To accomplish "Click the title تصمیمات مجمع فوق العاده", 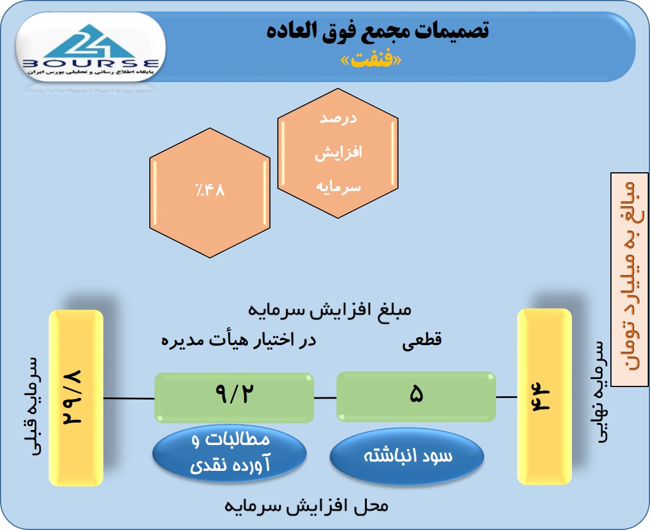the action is click(378, 30).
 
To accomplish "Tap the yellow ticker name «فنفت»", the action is click(371, 60).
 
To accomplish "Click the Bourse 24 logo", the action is click(91, 49).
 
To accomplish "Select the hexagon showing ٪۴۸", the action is click(210, 193).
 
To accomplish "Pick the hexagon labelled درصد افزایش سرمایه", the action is click(338, 153).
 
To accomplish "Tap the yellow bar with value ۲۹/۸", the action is click(76, 398).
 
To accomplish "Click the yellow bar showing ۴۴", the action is click(544, 397).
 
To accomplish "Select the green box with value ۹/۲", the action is click(234, 397).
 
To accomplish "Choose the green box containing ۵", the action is click(416, 397).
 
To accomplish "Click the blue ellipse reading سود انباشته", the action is click(407, 457).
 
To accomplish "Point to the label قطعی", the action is click(421, 341).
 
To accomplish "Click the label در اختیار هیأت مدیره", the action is click(238, 340).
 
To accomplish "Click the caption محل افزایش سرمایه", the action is click(307, 506).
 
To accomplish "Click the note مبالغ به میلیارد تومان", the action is click(629, 279).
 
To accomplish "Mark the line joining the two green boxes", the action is click(325, 398).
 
